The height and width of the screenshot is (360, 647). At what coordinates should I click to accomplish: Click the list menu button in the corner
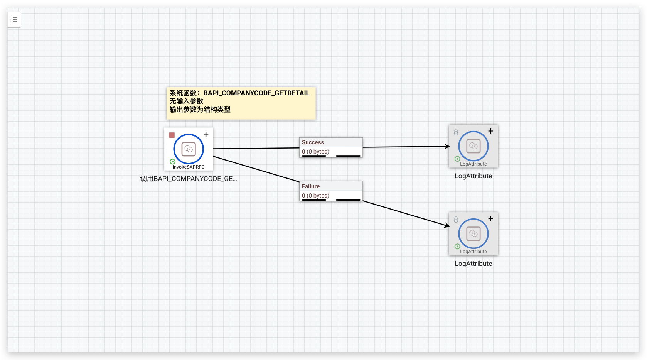tap(14, 20)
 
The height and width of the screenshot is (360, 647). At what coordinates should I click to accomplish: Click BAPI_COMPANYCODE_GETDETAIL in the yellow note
tap(256, 93)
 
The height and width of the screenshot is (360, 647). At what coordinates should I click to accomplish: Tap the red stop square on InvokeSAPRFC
tap(172, 135)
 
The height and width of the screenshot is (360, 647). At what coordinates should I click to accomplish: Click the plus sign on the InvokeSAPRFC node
tap(206, 134)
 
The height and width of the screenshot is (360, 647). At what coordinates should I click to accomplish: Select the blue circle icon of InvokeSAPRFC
tap(189, 149)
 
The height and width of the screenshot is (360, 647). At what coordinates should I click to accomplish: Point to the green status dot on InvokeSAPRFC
tap(172, 161)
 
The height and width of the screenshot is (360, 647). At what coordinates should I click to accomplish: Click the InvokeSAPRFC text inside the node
tap(189, 167)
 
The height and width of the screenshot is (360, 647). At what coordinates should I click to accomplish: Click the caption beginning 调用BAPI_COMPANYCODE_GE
tap(189, 179)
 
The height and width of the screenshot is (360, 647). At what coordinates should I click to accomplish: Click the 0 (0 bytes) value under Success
tap(315, 152)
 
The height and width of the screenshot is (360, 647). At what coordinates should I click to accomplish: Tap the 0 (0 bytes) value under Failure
tap(315, 196)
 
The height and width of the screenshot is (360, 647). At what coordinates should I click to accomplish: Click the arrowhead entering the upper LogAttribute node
tap(447, 146)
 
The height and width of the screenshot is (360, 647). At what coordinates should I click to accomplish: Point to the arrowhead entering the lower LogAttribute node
tap(447, 225)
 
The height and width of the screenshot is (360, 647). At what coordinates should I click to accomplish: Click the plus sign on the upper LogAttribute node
tap(491, 131)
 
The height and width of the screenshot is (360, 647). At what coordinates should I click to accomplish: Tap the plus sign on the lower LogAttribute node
tap(491, 219)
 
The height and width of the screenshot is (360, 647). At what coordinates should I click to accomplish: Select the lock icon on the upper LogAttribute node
tap(456, 132)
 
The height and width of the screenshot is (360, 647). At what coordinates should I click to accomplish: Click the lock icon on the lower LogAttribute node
tap(456, 220)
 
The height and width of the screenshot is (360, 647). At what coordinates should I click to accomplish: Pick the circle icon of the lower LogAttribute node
tap(473, 234)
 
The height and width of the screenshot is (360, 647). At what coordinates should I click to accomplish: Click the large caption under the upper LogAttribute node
tap(473, 176)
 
